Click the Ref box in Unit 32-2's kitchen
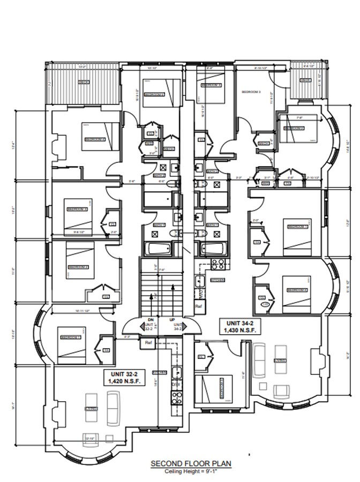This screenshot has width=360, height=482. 148,343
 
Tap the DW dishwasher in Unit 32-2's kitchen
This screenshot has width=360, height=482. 176,385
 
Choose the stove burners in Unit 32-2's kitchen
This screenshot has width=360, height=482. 176,396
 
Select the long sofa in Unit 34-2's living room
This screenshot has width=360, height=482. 259,358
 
